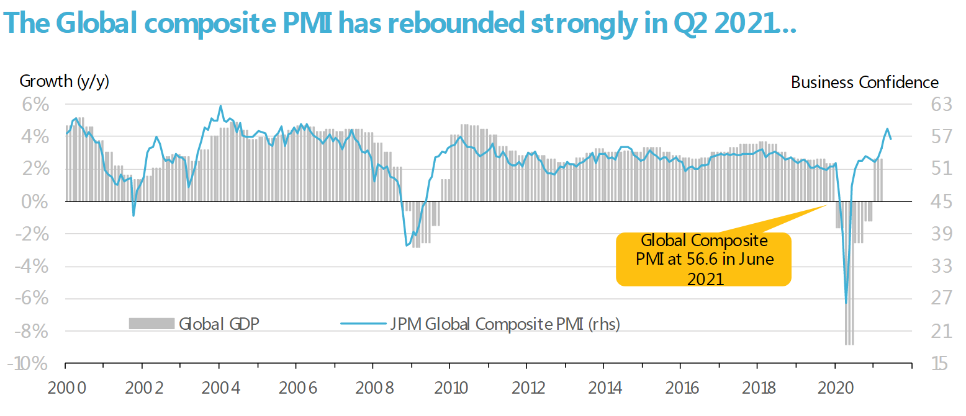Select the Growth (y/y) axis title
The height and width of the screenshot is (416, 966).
pos(65,81)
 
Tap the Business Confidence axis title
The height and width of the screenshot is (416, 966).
pos(865,82)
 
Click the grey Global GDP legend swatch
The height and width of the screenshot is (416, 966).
pos(151,323)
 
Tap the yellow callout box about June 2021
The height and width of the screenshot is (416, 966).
pos(703,260)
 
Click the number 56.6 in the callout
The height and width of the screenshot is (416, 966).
pos(700,259)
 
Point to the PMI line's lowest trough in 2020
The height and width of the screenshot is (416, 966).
pos(846,303)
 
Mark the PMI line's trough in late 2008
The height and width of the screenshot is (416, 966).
pos(407,246)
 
